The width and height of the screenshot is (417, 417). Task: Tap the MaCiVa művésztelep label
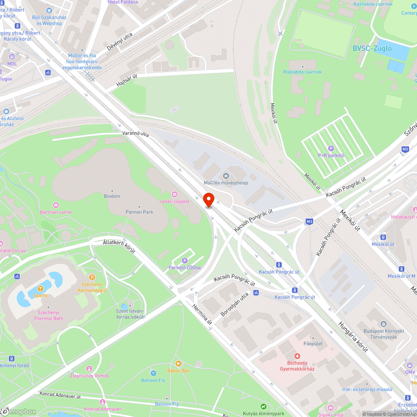point(226,183)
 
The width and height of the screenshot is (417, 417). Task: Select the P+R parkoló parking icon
point(332,148)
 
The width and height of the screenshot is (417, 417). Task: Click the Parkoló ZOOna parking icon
point(185,260)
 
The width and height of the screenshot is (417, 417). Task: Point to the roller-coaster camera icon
point(175,194)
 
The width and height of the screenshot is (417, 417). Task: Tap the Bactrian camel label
point(56,212)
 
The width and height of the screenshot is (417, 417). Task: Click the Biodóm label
point(112,196)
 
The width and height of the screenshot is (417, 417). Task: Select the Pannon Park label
point(139,212)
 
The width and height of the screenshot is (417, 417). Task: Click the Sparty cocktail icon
point(40,288)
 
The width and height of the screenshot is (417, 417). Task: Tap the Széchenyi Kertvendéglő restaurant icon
point(92,277)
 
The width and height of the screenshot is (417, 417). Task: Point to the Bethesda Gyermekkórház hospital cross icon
point(297,356)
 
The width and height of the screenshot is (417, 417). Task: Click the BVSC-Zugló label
point(372,48)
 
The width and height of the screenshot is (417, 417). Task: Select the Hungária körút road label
point(353,337)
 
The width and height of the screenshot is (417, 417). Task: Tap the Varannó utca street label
point(136,134)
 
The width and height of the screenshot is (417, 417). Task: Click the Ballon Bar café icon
point(178,364)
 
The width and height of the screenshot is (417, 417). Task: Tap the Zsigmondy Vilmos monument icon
point(89,369)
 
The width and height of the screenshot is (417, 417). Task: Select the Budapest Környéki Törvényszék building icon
point(384,324)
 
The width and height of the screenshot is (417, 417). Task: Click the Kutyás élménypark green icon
point(263,407)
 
